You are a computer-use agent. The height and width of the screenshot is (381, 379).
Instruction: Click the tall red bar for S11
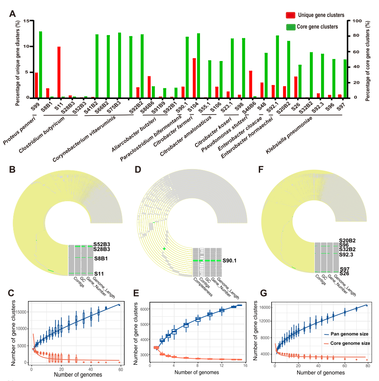tap(59, 72)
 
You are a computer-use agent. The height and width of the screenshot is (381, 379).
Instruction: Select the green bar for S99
tap(41, 64)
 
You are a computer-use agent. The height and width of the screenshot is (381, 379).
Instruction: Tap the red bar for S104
tap(194, 78)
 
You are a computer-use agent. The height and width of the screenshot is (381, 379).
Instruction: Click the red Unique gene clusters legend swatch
tap(291, 15)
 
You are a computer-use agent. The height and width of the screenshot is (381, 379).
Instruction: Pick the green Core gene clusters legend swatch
tap(291, 27)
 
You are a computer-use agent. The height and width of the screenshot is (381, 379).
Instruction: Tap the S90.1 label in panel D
tap(231, 261)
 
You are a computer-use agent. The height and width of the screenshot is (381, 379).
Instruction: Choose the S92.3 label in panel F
tap(346, 255)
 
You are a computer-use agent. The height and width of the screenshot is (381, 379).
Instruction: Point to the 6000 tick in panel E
tap(142, 309)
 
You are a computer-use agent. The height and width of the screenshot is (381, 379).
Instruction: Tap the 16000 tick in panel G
tap(265, 307)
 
